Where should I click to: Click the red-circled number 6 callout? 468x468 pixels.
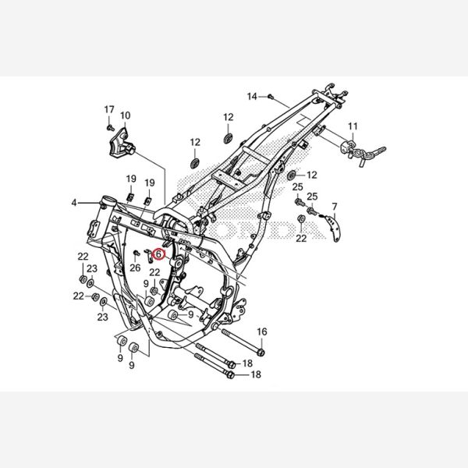158,254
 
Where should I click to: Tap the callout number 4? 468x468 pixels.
74,203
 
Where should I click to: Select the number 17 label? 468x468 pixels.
109,109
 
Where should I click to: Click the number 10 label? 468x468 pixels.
126,115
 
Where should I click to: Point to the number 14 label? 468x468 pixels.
252,97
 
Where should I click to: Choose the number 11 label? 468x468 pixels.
353,126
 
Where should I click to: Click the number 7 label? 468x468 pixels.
335,207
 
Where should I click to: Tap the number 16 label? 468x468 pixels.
262,331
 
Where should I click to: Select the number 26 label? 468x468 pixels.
135,268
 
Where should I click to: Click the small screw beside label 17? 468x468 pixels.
110,128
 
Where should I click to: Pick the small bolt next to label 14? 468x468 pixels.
271,97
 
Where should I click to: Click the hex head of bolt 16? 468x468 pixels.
261,353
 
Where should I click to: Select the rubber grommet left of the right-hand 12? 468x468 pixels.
291,175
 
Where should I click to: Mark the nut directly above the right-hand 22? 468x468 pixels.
301,218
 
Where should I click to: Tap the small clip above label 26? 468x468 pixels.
136,253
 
